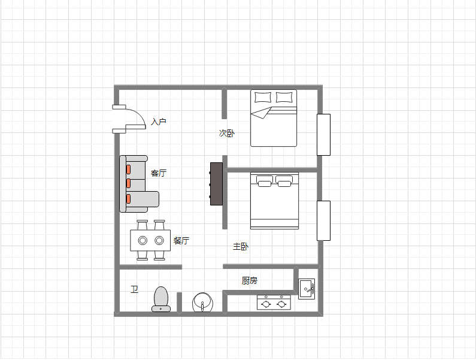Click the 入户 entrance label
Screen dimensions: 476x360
159,122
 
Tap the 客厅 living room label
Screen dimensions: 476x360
159,173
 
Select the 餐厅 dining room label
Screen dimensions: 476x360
181,241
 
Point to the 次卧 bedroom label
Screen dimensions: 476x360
227,133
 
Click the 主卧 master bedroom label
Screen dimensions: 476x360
241,246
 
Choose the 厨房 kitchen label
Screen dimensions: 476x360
250,280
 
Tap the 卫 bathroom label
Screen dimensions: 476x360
135,289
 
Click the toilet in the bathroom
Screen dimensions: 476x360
161,299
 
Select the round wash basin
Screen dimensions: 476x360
202,302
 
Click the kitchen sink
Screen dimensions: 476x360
307,289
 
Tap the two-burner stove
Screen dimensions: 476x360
274,302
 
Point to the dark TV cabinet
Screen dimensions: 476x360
217,184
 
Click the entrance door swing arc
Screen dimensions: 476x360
139,114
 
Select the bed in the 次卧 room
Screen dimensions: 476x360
274,118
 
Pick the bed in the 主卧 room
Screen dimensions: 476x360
274,201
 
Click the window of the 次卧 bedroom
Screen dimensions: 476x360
323,135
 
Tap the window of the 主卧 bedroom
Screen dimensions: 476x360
323,220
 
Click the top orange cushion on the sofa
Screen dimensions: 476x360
128,170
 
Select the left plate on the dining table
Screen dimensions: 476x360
143,241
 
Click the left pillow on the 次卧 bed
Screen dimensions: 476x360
263,97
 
